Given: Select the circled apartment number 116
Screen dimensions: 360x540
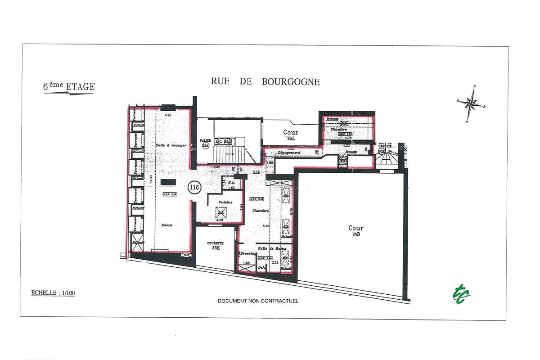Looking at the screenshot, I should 194,188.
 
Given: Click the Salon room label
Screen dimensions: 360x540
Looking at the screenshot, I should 167,225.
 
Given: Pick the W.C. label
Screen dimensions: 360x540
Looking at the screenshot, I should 233,183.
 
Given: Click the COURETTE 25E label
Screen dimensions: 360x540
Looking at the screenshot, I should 216,245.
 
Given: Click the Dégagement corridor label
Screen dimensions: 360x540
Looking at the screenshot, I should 289,153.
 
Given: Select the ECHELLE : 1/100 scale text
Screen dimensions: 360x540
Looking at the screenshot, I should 53,293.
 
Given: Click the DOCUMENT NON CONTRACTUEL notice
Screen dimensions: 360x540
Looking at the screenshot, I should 258,301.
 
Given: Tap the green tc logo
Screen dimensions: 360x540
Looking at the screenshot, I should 461,293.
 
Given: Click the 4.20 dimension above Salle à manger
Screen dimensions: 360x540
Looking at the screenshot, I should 168,116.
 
